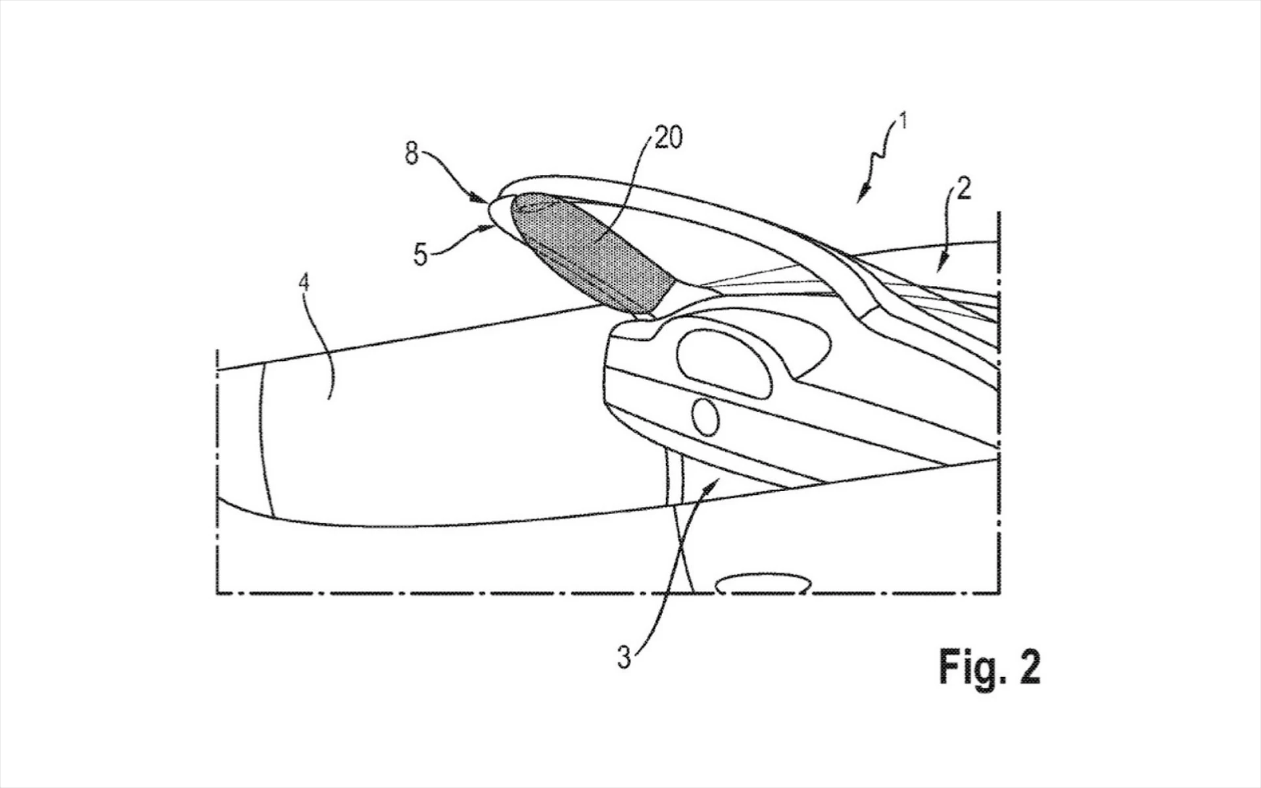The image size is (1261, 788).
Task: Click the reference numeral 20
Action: click(x=668, y=138)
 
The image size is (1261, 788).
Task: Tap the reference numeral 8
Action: click(x=412, y=154)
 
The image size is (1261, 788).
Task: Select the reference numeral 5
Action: click(x=421, y=254)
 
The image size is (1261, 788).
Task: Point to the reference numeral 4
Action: click(x=304, y=283)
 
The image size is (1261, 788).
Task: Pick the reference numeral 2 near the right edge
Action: click(x=963, y=189)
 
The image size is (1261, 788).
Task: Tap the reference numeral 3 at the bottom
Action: click(x=624, y=657)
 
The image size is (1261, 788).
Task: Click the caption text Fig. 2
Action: click(x=989, y=667)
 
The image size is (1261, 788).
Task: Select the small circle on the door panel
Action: click(x=705, y=417)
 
